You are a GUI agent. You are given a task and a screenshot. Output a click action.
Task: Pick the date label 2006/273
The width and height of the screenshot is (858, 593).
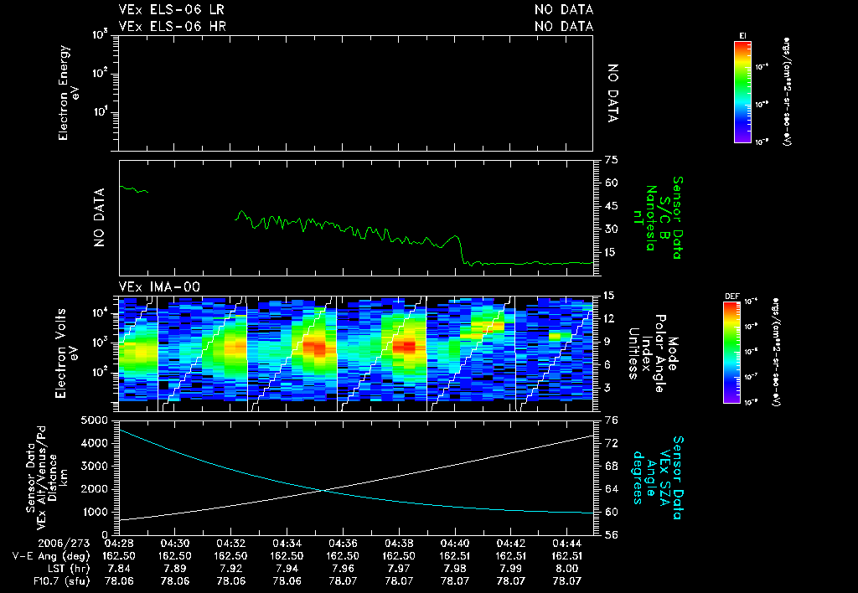[34, 543]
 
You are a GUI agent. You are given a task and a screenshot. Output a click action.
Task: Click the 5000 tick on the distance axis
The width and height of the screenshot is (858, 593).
[98, 419]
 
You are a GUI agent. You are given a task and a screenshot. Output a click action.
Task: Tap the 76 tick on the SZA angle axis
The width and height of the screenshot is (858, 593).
[612, 419]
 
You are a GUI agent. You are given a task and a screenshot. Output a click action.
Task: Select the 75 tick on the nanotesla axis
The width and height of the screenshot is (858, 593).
[610, 159]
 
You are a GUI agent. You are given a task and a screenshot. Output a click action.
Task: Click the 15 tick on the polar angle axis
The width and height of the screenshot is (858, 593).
[609, 296]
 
